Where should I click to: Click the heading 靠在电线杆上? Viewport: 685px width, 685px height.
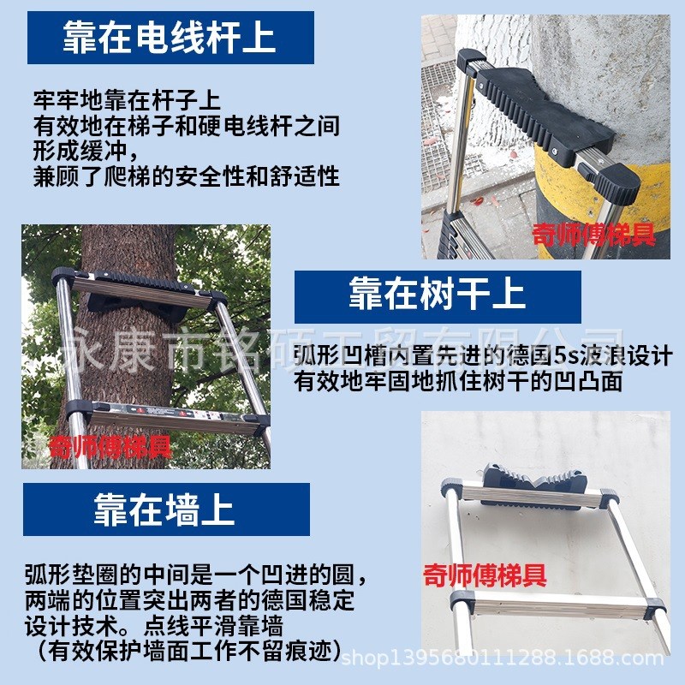(x=170, y=39)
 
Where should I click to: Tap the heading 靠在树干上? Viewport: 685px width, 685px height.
(x=437, y=296)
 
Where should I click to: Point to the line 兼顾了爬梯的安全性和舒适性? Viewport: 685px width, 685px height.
(x=187, y=177)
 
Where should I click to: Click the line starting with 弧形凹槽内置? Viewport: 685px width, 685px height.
(x=482, y=356)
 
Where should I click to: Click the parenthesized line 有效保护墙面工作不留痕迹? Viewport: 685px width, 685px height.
(x=185, y=649)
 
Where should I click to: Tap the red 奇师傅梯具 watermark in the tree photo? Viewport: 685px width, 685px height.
(x=110, y=446)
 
